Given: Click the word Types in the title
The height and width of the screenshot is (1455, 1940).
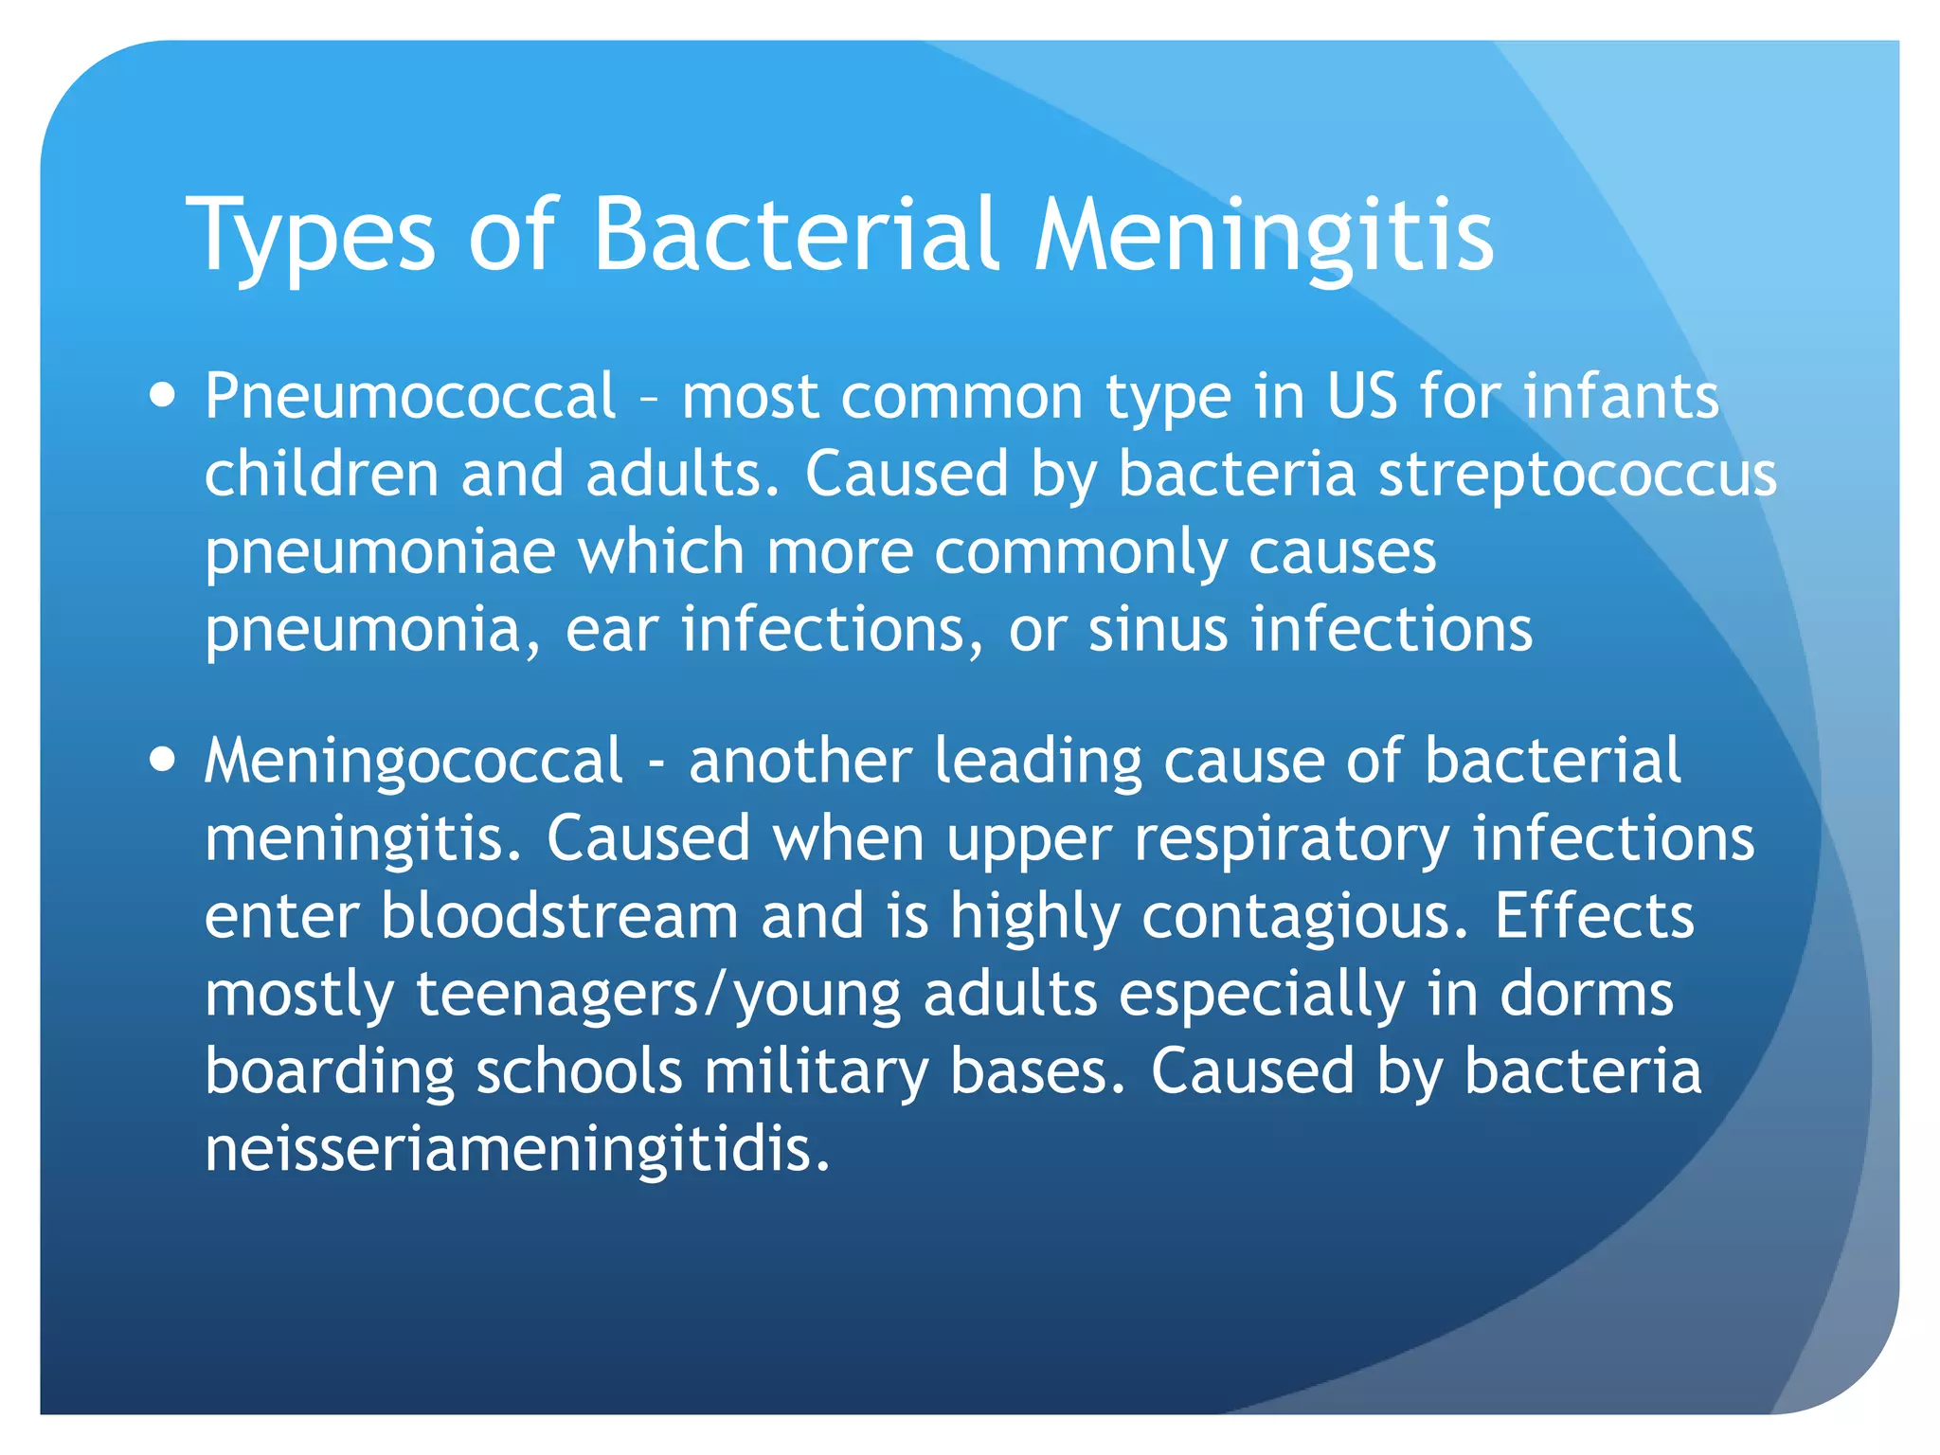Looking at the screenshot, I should [311, 237].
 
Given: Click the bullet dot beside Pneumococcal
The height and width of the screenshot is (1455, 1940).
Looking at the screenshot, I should [163, 394].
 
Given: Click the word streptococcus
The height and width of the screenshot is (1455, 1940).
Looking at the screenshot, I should [1577, 475].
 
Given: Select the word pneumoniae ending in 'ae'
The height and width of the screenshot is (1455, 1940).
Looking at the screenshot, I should [380, 553].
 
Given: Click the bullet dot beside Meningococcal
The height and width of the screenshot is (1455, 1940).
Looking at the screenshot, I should [163, 760].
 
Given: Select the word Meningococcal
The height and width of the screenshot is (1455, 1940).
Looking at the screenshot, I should [414, 761].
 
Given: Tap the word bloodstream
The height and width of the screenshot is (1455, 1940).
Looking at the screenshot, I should [559, 916].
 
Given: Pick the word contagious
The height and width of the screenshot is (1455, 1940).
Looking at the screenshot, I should [1304, 918].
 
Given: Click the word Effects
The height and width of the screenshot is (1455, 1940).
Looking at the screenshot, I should [1594, 916].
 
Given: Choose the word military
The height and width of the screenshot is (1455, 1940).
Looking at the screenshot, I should [816, 1073].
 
